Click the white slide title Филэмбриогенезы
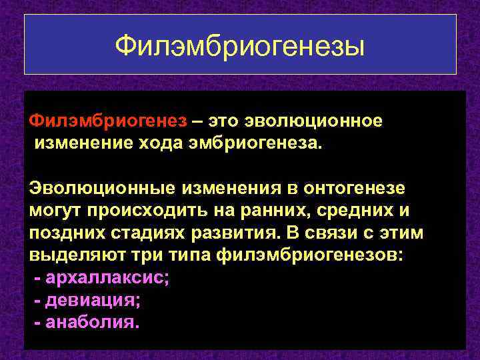pyautogui.click(x=240, y=46)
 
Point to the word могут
pyautogui.click(x=53, y=211)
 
